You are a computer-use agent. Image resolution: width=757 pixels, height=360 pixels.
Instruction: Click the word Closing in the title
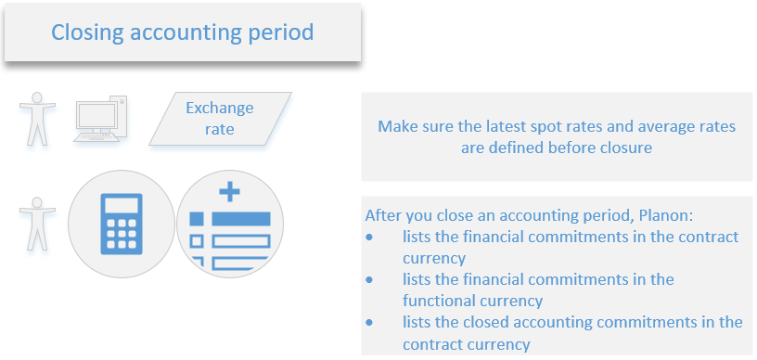click(87, 32)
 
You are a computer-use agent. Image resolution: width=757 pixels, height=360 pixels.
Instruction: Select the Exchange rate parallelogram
click(220, 119)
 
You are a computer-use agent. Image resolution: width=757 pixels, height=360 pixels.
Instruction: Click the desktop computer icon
click(100, 119)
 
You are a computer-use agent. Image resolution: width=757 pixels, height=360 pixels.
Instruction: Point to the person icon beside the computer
click(37, 119)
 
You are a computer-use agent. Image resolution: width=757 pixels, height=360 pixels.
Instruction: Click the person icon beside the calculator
click(37, 224)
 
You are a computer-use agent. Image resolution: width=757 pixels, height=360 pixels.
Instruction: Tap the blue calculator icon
click(122, 224)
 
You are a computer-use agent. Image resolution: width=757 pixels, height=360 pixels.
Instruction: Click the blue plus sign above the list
click(229, 193)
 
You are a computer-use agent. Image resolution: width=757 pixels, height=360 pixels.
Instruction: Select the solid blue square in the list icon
click(197, 219)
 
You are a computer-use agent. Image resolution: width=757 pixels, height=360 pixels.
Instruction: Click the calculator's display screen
click(122, 206)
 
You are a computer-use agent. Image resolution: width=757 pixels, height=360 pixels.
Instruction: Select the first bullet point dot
click(369, 237)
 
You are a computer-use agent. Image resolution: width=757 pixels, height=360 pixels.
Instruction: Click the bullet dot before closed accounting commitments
click(369, 322)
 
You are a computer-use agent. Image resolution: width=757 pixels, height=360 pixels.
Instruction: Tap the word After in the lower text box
click(383, 215)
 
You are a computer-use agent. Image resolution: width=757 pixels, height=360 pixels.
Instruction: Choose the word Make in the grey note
click(397, 126)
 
